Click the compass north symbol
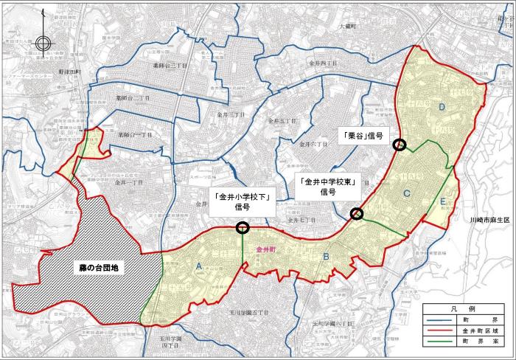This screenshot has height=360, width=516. coord(43,42)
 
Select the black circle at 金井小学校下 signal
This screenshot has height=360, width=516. coord(242,228)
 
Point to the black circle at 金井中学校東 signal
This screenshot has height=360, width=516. coord(357,214)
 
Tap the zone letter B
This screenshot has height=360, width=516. coord(324,257)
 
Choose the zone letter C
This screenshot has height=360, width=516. coord(406,193)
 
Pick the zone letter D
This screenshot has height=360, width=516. coord(442,108)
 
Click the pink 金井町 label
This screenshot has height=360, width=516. coord(265,251)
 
